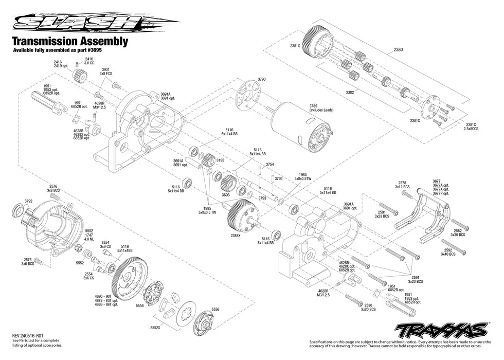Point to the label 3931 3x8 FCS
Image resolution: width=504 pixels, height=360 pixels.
click(105, 71)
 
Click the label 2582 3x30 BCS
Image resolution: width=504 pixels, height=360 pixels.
click(458, 232)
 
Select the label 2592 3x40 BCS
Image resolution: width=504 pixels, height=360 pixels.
click(447, 252)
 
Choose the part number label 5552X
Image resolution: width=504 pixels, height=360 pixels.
click(154, 327)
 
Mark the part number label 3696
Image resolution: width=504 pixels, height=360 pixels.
click(225, 195)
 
